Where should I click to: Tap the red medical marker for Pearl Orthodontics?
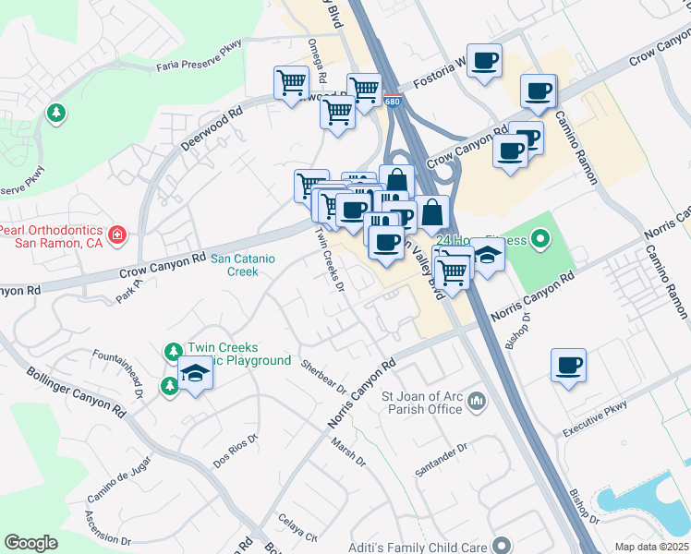pyautogui.click(x=116, y=235)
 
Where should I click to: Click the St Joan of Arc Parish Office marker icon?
pyautogui.click(x=477, y=401)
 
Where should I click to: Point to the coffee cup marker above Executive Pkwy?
pyautogui.click(x=568, y=365)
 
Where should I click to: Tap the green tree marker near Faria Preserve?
pyautogui.click(x=56, y=114)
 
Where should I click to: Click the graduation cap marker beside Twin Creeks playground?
pyautogui.click(x=195, y=374)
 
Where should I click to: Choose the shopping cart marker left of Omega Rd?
pyautogui.click(x=292, y=82)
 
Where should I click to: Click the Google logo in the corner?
pyautogui.click(x=30, y=543)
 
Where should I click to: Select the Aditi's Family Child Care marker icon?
pyautogui.click(x=502, y=546)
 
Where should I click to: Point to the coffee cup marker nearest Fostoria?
pyautogui.click(x=484, y=62)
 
